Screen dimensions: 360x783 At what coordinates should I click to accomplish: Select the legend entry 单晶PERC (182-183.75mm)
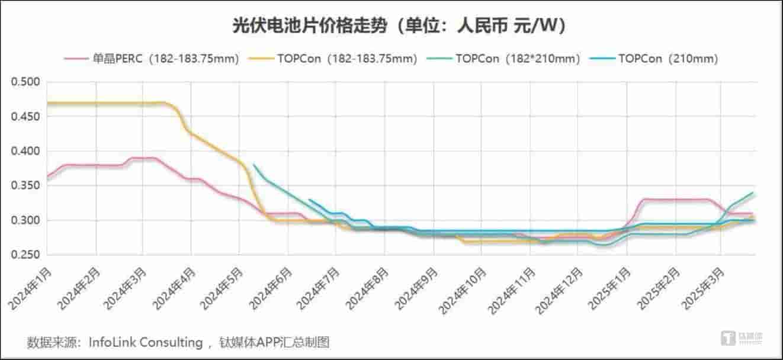pos(152,59)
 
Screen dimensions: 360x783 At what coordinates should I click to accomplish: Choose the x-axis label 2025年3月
pos(704,288)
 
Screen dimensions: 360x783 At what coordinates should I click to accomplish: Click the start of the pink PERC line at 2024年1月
pos(47,176)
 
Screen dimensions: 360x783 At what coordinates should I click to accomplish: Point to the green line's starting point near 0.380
pos(253,165)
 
